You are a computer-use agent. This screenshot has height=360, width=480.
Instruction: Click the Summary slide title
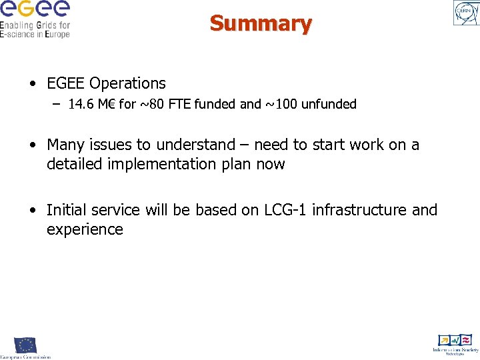(x=261, y=23)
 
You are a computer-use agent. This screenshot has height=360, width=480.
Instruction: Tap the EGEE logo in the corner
(x=35, y=19)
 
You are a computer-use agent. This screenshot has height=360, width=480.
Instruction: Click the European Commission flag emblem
(x=25, y=345)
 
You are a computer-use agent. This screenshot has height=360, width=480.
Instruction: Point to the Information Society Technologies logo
(x=455, y=343)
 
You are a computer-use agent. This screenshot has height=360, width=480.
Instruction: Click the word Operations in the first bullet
(x=127, y=83)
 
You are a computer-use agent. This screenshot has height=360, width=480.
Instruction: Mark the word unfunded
(x=329, y=104)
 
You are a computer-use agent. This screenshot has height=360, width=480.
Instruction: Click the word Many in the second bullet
(x=66, y=145)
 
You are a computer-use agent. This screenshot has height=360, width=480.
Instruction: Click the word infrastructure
(x=359, y=210)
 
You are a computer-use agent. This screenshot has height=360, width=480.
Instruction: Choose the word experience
(x=85, y=230)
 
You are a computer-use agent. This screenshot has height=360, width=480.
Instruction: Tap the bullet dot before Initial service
(x=33, y=211)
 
